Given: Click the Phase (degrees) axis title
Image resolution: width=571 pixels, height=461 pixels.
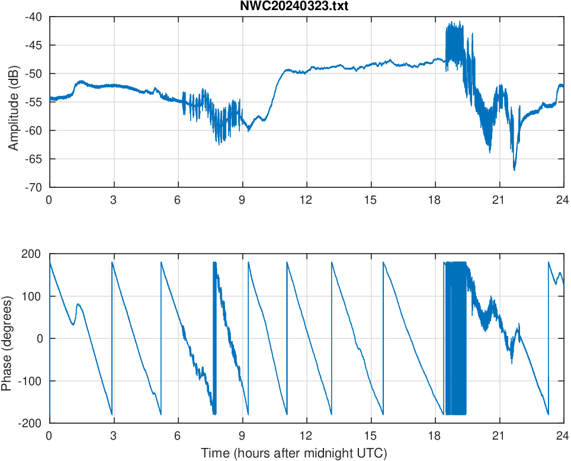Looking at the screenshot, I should tap(7, 338).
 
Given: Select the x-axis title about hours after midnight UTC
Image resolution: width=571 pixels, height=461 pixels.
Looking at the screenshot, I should tap(294, 453).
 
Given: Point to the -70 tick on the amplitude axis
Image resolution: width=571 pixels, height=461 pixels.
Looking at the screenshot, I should tap(33, 187).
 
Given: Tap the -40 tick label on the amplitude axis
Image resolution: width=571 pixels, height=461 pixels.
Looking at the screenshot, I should tap(33, 17).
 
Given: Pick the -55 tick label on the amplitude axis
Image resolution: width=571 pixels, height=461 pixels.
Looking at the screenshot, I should tap(33, 102).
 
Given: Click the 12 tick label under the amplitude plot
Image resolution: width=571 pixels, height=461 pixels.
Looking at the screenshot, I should tap(306, 200).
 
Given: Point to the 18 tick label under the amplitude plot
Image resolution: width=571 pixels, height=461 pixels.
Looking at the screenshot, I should tap(435, 200).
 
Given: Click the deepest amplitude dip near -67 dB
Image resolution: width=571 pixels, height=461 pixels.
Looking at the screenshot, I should tap(514, 169).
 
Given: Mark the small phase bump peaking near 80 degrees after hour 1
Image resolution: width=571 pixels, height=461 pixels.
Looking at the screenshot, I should tap(78, 305).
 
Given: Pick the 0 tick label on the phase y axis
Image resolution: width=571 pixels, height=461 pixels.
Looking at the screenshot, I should tap(40, 338).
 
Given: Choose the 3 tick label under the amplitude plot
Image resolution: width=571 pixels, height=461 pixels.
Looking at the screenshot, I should tap(113, 200).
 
